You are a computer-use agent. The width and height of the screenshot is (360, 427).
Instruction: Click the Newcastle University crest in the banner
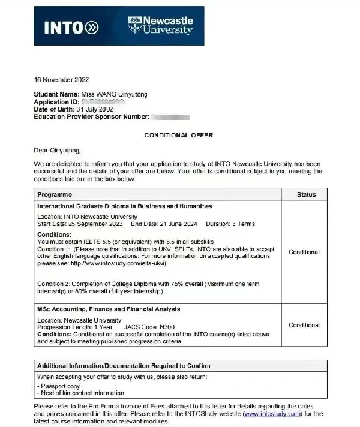[x=136, y=25]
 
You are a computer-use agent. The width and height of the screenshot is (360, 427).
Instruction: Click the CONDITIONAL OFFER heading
[x=178, y=136]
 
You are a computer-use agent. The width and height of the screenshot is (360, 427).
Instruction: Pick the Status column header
[x=305, y=195]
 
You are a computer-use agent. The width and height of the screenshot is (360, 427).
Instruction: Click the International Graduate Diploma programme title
[x=125, y=206]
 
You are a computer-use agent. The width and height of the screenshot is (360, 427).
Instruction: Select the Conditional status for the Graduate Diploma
[x=304, y=252]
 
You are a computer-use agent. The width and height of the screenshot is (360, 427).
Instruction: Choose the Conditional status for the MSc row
[x=304, y=325]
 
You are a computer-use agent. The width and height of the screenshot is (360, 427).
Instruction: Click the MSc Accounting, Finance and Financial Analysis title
[x=109, y=309]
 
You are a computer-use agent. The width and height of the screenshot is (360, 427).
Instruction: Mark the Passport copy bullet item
[x=59, y=386]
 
